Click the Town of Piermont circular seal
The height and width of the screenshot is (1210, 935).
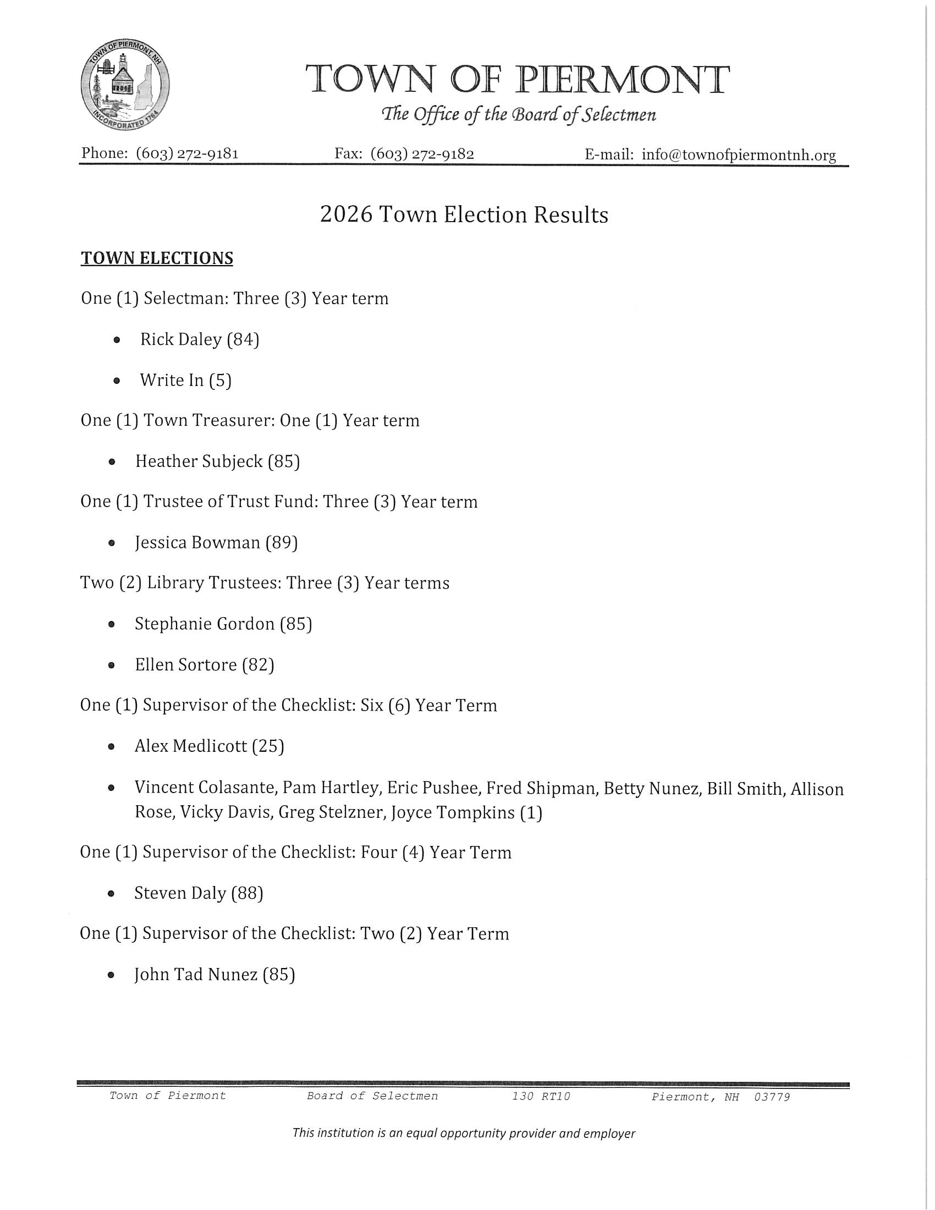[x=125, y=85]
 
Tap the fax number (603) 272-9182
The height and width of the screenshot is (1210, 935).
[x=422, y=153]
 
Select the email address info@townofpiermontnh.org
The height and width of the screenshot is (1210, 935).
[x=739, y=155]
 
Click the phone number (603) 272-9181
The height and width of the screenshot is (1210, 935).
[x=187, y=153]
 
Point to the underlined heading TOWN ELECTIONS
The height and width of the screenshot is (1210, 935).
[x=157, y=258]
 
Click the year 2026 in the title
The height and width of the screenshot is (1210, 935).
[x=346, y=215]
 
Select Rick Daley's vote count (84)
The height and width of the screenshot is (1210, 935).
[x=243, y=339]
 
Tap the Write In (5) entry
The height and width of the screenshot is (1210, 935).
[x=185, y=380]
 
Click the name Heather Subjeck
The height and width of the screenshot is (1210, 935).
[x=199, y=461]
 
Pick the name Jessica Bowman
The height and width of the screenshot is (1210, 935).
[x=197, y=542]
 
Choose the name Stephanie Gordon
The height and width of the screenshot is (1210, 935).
[x=205, y=624]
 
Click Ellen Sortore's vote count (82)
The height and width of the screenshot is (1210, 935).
[x=258, y=664]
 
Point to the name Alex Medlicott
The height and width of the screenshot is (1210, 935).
[x=190, y=746]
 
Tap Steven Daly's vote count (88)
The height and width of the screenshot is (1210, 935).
[x=247, y=893]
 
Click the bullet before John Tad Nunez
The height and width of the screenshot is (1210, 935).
[x=111, y=975]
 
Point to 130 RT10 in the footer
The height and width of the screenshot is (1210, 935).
[x=541, y=1096]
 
